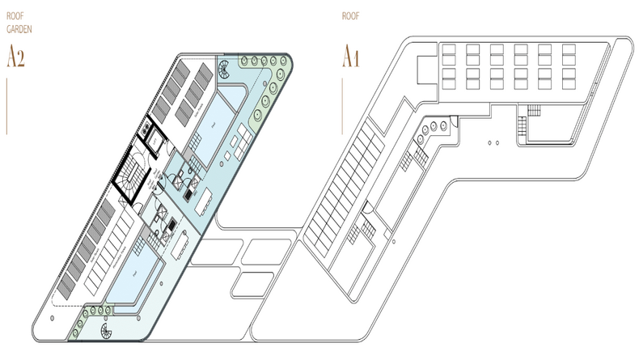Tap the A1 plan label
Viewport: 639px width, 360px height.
349,57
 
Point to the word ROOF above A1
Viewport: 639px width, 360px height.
350,15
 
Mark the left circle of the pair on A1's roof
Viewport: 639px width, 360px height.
491,142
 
